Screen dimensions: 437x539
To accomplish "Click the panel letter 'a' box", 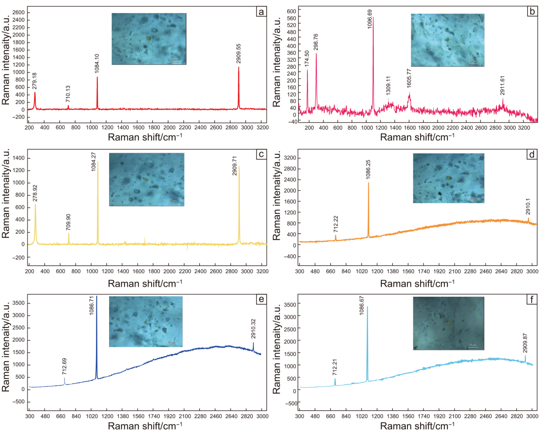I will click(x=261, y=12).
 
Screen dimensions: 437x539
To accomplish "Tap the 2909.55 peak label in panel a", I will click(x=239, y=54).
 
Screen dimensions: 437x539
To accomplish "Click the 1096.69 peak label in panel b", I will click(x=370, y=19).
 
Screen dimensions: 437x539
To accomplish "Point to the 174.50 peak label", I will click(x=307, y=59).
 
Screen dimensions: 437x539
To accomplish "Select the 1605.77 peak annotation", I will click(x=409, y=78).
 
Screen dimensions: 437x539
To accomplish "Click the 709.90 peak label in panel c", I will click(x=68, y=222).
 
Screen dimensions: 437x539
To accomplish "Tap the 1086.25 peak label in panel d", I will click(x=368, y=169).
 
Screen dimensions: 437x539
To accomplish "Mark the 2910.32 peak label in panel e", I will click(x=253, y=329).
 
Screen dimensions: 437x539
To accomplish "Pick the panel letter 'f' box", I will click(x=532, y=300).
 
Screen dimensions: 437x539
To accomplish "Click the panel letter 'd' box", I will click(x=532, y=155).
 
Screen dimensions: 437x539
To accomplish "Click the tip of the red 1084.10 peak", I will click(x=97, y=77).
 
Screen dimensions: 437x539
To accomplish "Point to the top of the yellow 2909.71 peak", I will click(x=239, y=166).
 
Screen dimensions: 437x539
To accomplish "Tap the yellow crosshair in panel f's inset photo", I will click(x=448, y=323).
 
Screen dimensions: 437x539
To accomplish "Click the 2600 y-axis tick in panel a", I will click(x=18, y=12).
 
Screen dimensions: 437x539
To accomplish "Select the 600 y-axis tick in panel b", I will click(x=291, y=11).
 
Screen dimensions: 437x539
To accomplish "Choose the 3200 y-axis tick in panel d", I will click(x=290, y=158).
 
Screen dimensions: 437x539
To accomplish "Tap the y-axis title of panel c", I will click(x=6, y=193).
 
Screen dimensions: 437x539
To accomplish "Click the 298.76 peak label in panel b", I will click(x=316, y=42).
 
